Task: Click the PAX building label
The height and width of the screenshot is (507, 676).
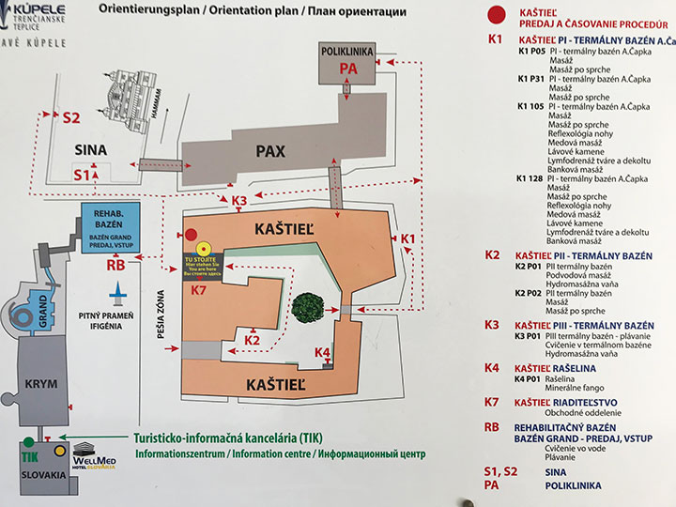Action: click(x=269, y=150)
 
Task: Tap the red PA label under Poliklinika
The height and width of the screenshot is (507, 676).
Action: click(x=348, y=69)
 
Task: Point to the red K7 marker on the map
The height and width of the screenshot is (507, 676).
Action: click(x=199, y=291)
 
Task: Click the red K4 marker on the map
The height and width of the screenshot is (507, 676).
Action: click(x=322, y=352)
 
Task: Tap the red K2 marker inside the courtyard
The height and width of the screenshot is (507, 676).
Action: click(x=251, y=339)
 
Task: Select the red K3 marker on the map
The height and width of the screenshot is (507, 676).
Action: click(x=238, y=201)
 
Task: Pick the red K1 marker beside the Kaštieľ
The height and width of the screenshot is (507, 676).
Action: click(x=407, y=239)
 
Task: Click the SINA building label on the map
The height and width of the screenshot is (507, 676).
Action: click(x=91, y=149)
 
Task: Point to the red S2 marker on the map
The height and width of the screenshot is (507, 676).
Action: click(x=71, y=118)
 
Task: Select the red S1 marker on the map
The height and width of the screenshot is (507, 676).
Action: click(x=81, y=175)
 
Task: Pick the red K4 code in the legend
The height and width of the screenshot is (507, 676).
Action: click(x=493, y=368)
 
